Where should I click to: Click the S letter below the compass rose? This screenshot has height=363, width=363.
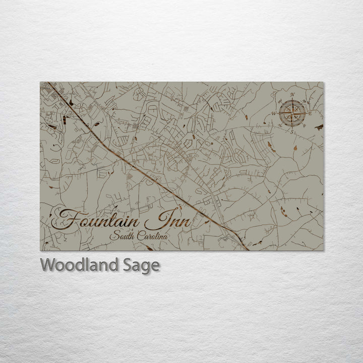pos(292,131)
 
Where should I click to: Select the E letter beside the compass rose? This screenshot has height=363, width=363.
pos(311,113)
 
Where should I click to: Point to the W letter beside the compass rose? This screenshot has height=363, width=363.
pos(274,113)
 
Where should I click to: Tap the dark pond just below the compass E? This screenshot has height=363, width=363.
pos(319,127)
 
